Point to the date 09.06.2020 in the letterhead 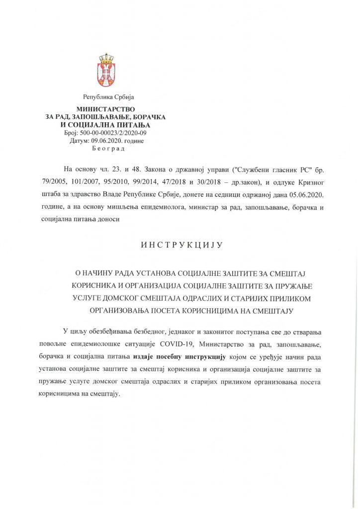102,141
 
